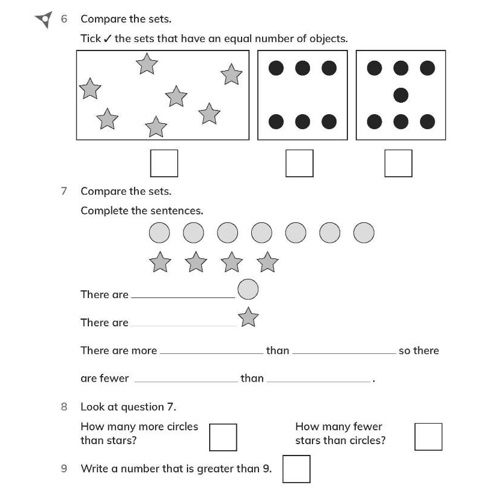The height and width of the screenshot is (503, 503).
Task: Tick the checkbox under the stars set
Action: click(164, 163)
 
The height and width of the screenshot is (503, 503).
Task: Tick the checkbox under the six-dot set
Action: click(299, 163)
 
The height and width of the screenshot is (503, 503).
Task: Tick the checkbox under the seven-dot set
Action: click(398, 163)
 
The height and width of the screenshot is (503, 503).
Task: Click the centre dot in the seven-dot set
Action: click(401, 95)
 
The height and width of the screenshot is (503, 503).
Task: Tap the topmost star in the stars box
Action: click(147, 63)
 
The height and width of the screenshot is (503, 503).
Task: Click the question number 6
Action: click(64, 19)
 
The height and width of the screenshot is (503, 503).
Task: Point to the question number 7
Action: click(64, 191)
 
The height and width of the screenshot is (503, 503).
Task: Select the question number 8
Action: click(64, 407)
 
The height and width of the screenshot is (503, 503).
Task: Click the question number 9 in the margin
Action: click(64, 468)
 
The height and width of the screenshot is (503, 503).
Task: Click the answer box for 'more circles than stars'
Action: click(223, 437)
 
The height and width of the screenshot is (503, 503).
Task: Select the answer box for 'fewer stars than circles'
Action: click(428, 437)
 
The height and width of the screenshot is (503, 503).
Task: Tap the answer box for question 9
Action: click(296, 469)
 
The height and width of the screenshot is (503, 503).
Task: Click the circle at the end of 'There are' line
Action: click(248, 290)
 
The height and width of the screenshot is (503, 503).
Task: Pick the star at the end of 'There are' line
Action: click(248, 317)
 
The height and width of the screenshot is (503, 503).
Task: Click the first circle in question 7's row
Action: click(159, 233)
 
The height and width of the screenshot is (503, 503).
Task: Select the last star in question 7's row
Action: click(267, 262)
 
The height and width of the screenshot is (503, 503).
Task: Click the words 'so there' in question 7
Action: click(419, 350)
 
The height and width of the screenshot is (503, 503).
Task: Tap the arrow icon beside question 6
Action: click(44, 20)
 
